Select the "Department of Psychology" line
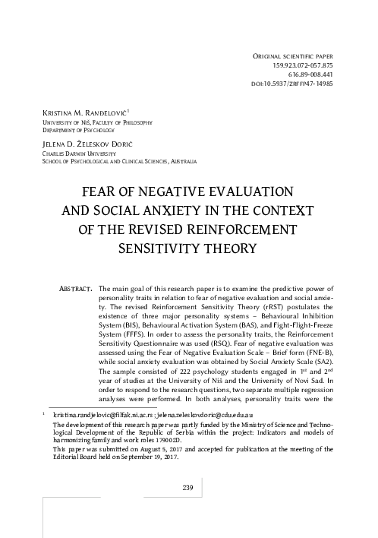tap(74, 129)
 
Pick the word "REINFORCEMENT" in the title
tap(246, 229)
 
